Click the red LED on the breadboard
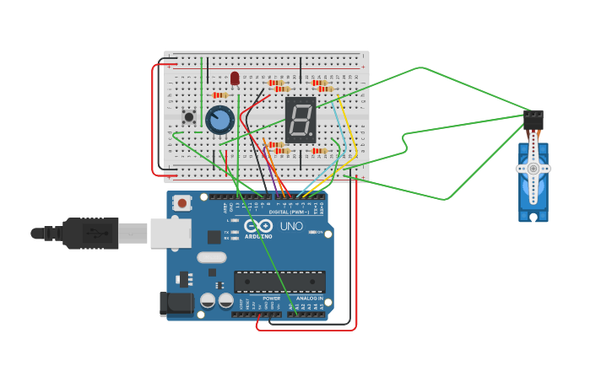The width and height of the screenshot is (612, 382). tap(235, 78)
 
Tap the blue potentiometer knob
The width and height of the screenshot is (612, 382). tap(219, 120)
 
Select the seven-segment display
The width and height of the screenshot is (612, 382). tap(301, 120)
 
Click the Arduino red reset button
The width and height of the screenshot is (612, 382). tap(182, 202)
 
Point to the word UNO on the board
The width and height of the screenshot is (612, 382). tap(291, 226)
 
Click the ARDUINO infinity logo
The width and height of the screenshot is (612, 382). tap(258, 226)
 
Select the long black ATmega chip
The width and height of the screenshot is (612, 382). tap(279, 282)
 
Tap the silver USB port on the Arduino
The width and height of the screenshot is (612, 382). tap(170, 234)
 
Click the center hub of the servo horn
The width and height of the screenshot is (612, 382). tap(533, 169)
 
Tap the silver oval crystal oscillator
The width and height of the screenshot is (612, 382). tap(212, 258)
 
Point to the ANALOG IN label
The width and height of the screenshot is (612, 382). tap(308, 299)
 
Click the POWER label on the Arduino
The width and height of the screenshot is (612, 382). tap(271, 299)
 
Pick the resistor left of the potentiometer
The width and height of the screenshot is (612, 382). tap(219, 95)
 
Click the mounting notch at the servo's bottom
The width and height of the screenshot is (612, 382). tap(533, 217)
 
